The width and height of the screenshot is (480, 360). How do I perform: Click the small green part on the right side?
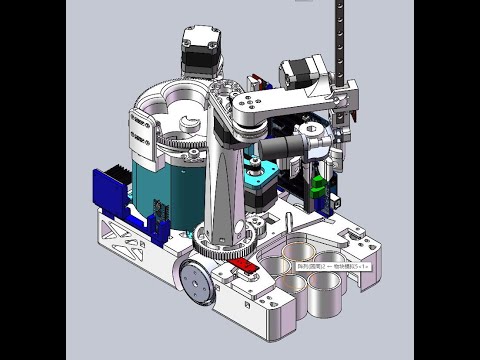pos(319,188)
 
